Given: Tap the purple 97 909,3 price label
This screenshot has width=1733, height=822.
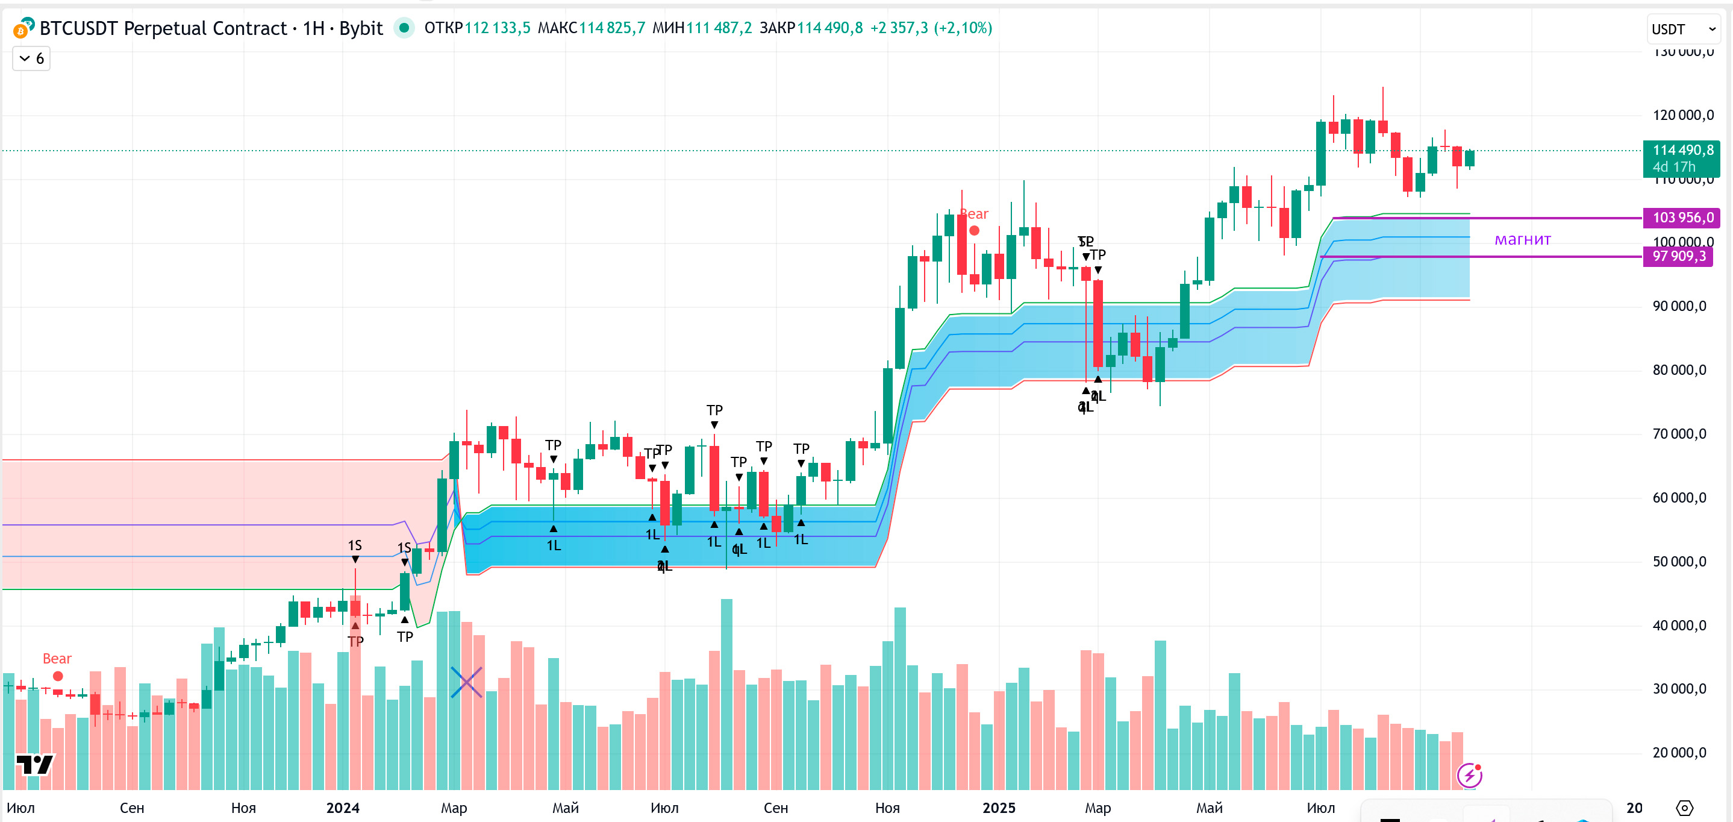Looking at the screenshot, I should (1679, 257).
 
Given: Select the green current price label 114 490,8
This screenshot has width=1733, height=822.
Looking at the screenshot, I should (1682, 151).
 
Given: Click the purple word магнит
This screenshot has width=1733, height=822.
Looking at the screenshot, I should (1522, 240).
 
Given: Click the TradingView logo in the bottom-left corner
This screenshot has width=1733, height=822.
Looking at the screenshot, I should (34, 765).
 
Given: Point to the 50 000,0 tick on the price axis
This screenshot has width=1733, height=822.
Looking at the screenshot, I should (1679, 562).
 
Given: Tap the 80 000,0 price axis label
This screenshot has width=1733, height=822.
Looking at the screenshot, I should (1679, 370).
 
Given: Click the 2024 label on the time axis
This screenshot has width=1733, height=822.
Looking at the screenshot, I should (342, 808).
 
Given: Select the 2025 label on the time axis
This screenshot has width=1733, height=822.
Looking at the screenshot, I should (998, 808).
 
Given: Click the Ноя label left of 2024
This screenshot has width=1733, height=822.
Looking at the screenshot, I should (243, 808).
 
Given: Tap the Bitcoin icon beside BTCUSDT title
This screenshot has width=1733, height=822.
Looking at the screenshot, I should (23, 28).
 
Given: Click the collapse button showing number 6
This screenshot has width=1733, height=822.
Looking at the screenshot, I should (31, 59).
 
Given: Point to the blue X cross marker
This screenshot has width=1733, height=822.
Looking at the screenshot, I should (466, 682).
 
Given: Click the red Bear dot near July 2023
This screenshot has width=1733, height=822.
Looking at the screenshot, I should (58, 676).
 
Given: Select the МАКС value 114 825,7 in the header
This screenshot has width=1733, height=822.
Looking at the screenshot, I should (611, 28).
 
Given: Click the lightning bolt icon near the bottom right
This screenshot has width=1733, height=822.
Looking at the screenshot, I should (1469, 776).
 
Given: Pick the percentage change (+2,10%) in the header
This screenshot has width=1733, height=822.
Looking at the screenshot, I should (963, 28).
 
